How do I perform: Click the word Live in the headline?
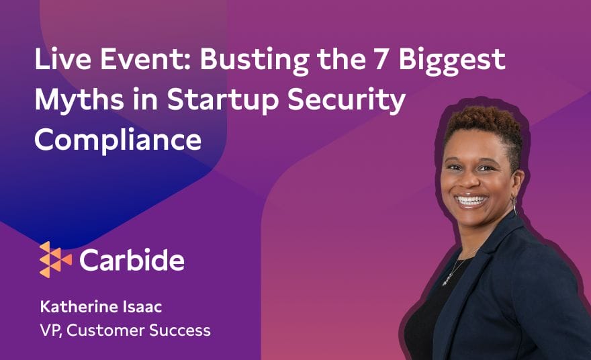[x=62, y=59]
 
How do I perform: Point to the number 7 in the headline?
[x=382, y=59]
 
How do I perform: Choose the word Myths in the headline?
[x=79, y=101]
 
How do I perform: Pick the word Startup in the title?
[x=222, y=101]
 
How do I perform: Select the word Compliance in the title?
[x=118, y=141]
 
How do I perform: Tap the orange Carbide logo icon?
[x=55, y=260]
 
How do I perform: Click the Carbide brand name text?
[x=132, y=260]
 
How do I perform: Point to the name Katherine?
[x=79, y=307]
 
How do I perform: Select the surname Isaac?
[x=142, y=307]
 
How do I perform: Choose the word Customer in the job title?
[x=105, y=330]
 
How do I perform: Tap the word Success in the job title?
[x=180, y=330]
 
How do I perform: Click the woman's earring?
[x=514, y=205]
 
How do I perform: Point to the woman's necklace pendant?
[x=448, y=279]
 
